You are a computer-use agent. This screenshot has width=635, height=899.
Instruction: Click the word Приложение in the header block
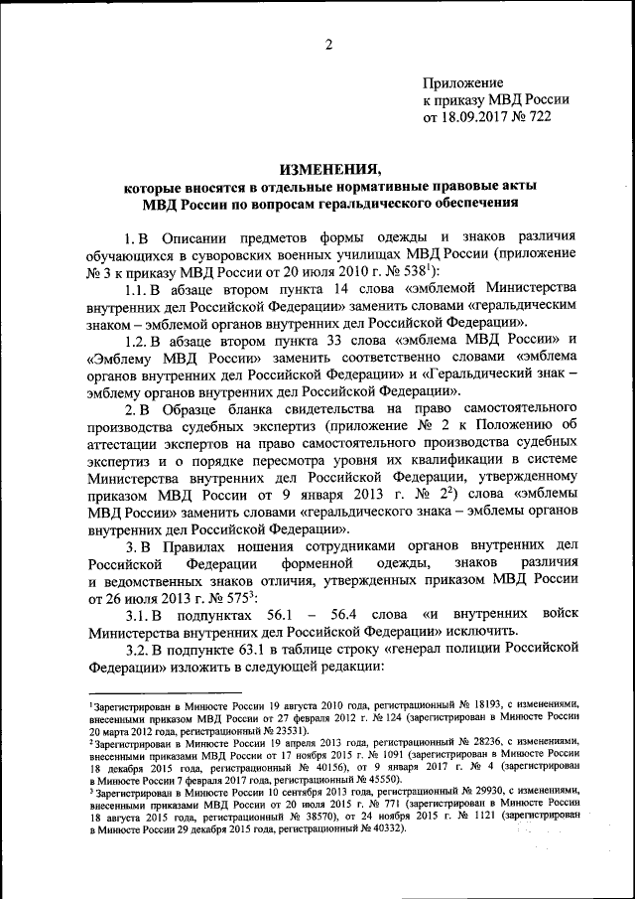pyautogui.click(x=462, y=81)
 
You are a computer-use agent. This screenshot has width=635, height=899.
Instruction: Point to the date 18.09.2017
pyautogui.click(x=479, y=117)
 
